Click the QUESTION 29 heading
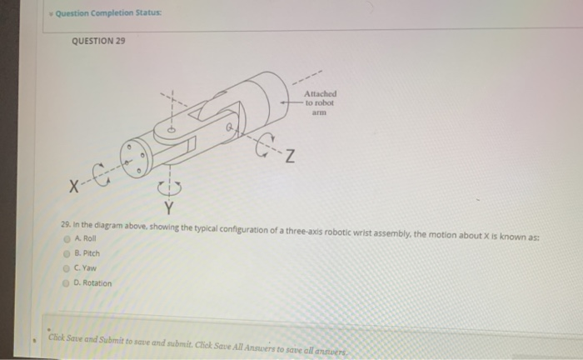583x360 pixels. [x=98, y=41]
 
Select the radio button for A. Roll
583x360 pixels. [x=67, y=239]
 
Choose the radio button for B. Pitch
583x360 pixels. [x=67, y=254]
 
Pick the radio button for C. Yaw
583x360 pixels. [x=66, y=268]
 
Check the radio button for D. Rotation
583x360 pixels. [x=66, y=283]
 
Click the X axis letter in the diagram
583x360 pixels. [x=74, y=187]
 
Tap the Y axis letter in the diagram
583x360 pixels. [x=169, y=207]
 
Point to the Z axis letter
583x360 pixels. [x=290, y=156]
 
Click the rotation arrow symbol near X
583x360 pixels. [x=101, y=174]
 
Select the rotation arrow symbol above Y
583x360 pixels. [x=170, y=187]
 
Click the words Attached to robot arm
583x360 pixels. [x=320, y=102]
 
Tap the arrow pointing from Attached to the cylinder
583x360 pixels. [x=291, y=102]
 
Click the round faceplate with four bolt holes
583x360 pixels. [x=134, y=158]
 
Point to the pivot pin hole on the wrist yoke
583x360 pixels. [x=172, y=130]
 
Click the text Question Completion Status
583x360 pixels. [x=108, y=13]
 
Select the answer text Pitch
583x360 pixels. [x=91, y=253]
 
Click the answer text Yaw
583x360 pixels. [x=90, y=267]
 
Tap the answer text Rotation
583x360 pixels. [x=97, y=283]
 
